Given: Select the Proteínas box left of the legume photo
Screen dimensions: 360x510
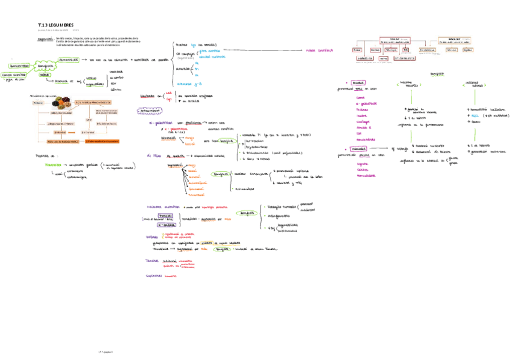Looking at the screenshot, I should coord(37,102).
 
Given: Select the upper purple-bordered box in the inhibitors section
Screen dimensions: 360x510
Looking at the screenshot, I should coord(167,215).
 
